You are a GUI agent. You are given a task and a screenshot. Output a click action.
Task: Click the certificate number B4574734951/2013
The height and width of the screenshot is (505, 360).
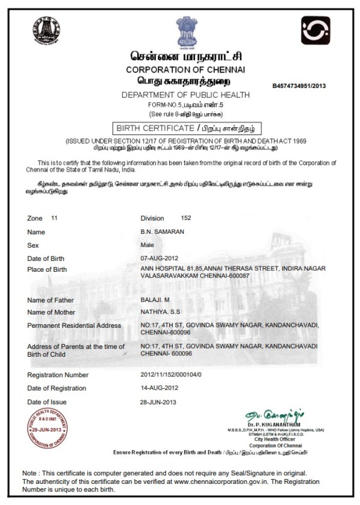coord(299,86)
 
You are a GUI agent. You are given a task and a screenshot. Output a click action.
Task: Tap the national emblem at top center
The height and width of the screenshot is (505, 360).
coord(186,31)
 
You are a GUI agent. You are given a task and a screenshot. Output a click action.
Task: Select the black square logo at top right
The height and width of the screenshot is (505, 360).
coord(315,30)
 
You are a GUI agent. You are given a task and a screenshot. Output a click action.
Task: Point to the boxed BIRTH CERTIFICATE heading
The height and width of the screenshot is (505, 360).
coord(186,128)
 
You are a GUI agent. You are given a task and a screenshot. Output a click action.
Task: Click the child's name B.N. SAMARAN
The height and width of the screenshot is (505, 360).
coord(163,232)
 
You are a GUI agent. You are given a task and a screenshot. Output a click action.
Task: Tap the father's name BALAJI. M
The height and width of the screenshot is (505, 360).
coord(154,300)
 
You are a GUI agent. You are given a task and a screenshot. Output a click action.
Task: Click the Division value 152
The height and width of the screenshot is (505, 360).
coord(186,218)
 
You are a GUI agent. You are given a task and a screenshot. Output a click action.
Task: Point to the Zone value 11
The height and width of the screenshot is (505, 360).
coord(55,218)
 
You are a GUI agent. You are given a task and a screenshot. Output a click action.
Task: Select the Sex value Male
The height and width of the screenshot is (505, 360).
coord(147,245)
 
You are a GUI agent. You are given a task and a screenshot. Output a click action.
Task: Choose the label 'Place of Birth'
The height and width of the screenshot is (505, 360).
coord(47,270)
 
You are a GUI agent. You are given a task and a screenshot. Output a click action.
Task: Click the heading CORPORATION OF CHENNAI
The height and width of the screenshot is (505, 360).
coord(186,69)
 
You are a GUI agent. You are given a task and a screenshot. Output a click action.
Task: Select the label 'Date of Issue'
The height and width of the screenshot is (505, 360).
coord(47,402)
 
